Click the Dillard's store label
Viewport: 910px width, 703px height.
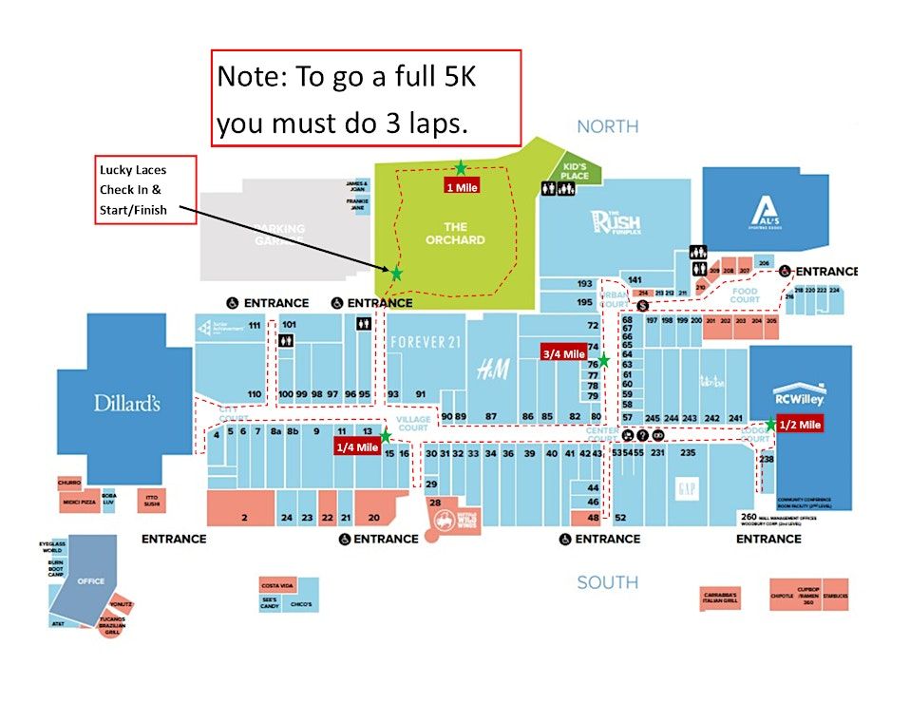click(125, 403)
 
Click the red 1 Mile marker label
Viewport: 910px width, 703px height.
click(462, 187)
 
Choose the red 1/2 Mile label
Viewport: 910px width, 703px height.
click(799, 425)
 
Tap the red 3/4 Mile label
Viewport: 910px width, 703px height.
click(563, 354)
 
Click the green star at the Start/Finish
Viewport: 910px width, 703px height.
click(396, 274)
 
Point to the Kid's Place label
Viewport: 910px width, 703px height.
click(575, 171)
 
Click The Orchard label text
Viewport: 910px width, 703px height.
click(455, 233)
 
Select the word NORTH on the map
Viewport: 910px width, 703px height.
click(607, 126)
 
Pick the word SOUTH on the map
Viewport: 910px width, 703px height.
click(607, 582)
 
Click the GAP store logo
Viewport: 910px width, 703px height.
click(686, 488)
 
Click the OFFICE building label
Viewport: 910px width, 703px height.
click(91, 581)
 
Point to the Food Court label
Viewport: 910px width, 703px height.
click(745, 295)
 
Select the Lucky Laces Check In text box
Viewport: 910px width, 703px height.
click(145, 190)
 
